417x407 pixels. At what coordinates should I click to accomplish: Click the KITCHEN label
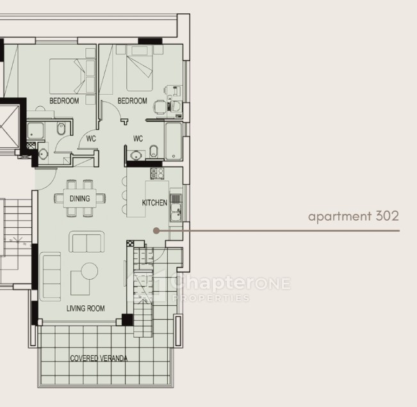(154, 203)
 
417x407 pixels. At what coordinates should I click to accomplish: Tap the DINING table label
(80, 198)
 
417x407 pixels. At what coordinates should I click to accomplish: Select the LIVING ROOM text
(85, 308)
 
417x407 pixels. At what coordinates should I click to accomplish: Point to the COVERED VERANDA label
(99, 358)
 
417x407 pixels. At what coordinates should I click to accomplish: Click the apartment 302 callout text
(354, 216)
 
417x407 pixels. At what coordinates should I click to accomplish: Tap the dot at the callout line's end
(157, 230)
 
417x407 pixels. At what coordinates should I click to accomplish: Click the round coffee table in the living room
(90, 271)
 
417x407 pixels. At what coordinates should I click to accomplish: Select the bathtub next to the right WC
(174, 141)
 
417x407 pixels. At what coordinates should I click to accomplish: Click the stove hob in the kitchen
(157, 173)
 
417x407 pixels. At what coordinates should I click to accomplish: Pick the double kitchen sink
(176, 212)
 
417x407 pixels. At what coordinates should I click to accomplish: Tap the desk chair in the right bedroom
(160, 107)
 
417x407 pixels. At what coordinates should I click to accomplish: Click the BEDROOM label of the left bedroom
(64, 100)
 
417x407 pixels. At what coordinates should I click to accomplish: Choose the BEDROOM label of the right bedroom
(132, 100)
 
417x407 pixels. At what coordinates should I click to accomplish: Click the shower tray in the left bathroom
(36, 131)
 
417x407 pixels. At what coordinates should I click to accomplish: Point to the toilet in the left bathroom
(61, 129)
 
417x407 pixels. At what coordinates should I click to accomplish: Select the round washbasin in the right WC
(136, 155)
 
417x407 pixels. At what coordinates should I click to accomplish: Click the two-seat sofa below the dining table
(86, 241)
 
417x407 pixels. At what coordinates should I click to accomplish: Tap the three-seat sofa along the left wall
(50, 276)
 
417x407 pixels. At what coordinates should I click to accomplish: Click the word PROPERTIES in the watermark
(211, 298)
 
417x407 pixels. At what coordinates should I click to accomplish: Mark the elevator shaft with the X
(10, 127)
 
